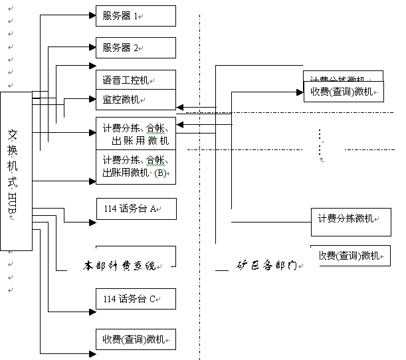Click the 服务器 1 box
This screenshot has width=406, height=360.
coord(136,15)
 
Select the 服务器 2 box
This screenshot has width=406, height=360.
coord(136,48)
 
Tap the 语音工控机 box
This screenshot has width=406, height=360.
coord(136,80)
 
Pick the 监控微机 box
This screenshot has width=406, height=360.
coord(136,100)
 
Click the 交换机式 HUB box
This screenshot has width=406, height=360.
coord(16,171)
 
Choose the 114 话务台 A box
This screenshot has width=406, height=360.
coord(136,209)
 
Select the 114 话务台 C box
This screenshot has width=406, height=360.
coord(136,299)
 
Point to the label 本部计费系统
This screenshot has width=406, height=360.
coord(119,265)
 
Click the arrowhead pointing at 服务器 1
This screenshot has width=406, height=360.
coord(92,15)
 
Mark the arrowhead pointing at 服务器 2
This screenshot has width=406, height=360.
coord(92,47)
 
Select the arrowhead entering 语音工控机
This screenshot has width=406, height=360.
coord(92,65)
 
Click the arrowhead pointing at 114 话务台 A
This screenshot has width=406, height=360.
coord(92,222)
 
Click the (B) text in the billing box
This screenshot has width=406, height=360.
coord(161,173)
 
